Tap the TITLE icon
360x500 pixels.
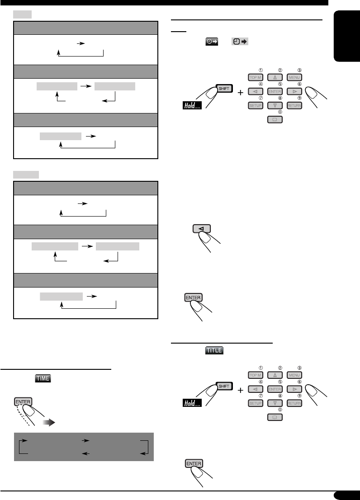pyautogui.click(x=214, y=350)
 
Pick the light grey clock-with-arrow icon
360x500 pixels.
pyautogui.click(x=239, y=42)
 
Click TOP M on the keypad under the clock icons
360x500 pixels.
pyautogui.click(x=256, y=77)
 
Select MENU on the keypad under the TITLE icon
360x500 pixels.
pyautogui.click(x=294, y=375)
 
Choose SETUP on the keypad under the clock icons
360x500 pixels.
pyautogui.click(x=256, y=106)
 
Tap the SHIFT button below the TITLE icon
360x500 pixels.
pyautogui.click(x=223, y=386)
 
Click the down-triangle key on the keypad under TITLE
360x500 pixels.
pyautogui.click(x=275, y=403)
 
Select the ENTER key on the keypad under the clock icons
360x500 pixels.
pyautogui.click(x=275, y=91)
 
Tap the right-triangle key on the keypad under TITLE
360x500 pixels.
pyautogui.click(x=294, y=389)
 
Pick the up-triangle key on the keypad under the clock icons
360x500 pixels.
pyautogui.click(x=275, y=77)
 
